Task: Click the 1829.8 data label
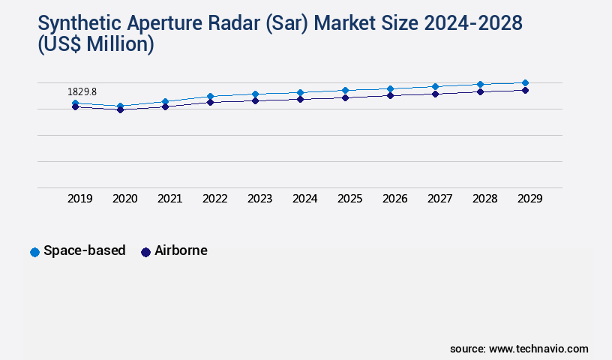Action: (82, 91)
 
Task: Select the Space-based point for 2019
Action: (75, 103)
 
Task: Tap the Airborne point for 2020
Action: (120, 109)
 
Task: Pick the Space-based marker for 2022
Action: (210, 96)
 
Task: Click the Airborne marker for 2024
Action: (300, 99)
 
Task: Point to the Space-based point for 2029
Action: (525, 82)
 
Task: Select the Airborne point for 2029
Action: (525, 90)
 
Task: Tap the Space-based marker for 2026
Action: (390, 89)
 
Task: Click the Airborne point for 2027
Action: (435, 94)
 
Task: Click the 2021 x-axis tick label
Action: (169, 199)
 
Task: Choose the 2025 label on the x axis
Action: (349, 199)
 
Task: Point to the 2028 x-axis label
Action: (484, 199)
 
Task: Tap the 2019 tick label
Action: (79, 199)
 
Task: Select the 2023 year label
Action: (259, 199)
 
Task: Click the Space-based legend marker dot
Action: (34, 252)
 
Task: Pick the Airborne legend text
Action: (181, 251)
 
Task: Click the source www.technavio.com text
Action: (519, 349)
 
